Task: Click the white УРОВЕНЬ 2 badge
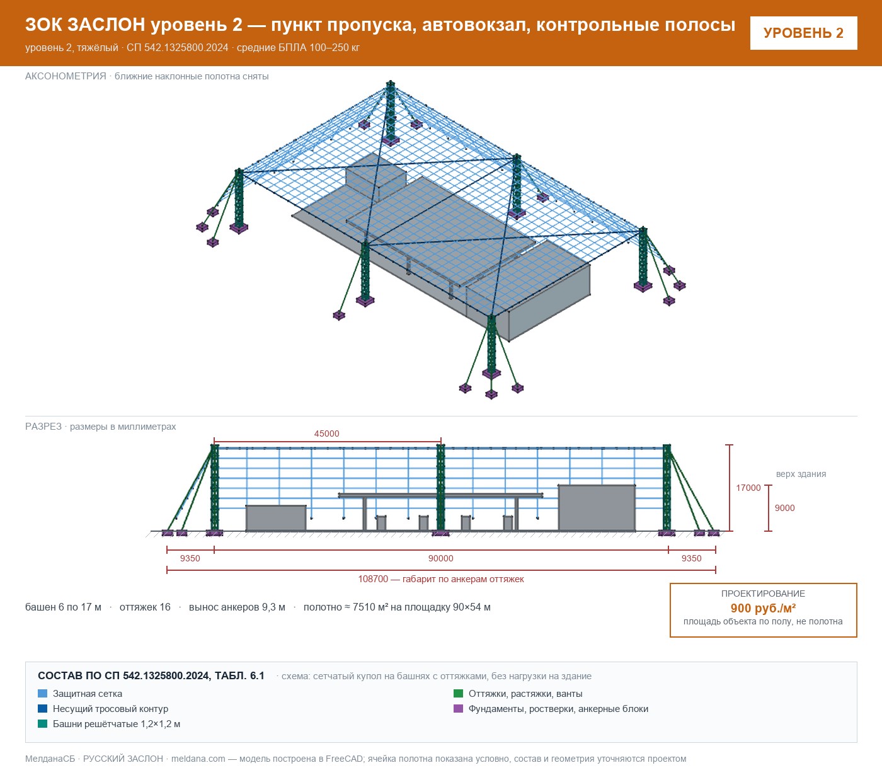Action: tap(803, 33)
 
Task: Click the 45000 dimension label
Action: tap(326, 433)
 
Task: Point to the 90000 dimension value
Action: tap(440, 558)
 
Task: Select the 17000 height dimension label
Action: tap(748, 488)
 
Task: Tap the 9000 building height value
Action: tap(784, 508)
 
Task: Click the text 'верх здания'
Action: tap(801, 474)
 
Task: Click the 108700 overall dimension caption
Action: tap(440, 579)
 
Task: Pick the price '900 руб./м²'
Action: tap(763, 608)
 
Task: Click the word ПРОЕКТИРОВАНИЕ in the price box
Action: tap(763, 594)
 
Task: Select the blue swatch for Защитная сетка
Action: tap(42, 694)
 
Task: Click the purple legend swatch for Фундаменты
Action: tap(458, 709)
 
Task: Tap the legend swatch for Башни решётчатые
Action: tap(42, 724)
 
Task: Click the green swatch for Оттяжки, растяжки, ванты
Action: tap(458, 694)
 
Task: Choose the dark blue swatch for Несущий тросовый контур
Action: tap(42, 709)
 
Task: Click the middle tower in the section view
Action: tap(440, 490)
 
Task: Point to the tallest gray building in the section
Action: tap(597, 508)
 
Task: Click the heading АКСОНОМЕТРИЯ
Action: tap(66, 76)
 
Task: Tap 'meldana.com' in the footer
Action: tap(198, 759)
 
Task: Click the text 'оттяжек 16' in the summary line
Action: tap(145, 607)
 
